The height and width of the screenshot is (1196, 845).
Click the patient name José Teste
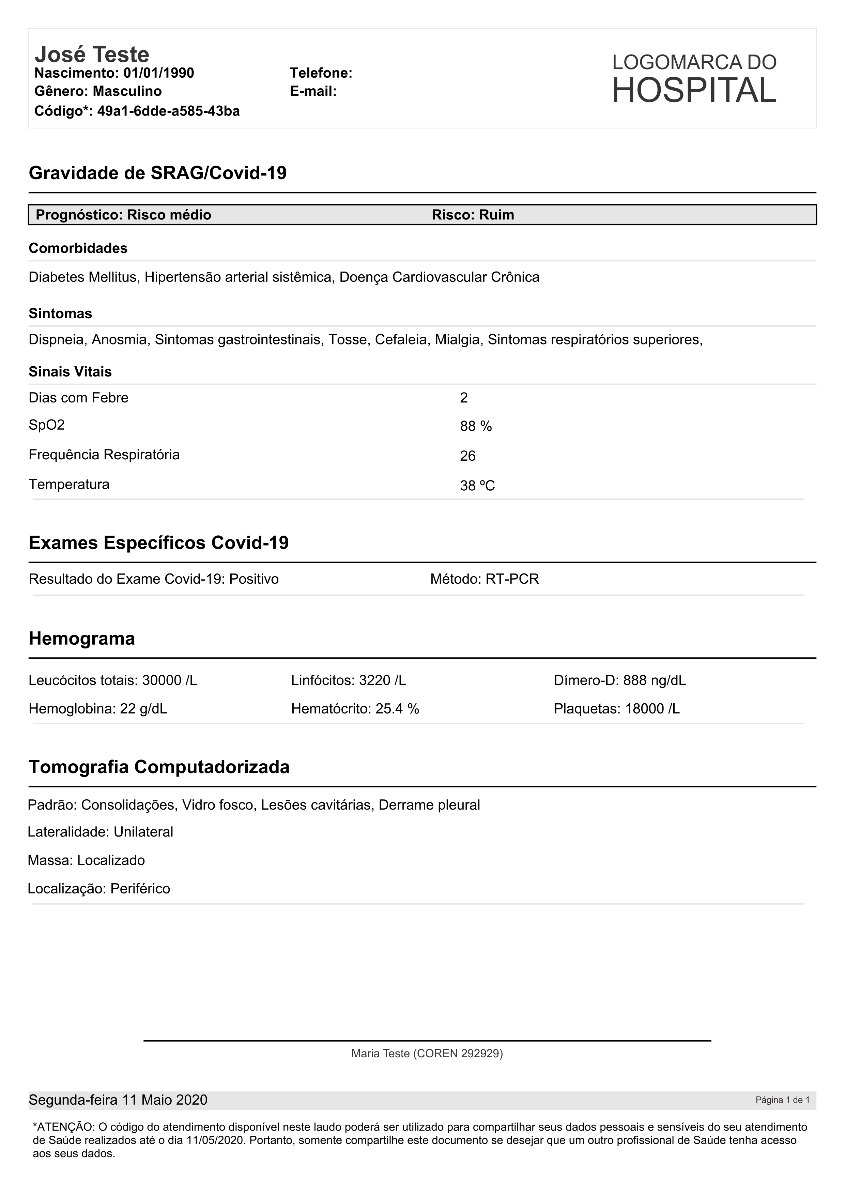(x=92, y=54)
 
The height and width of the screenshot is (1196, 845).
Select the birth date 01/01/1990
(x=158, y=73)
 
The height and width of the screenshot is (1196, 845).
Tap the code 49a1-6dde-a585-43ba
(x=168, y=111)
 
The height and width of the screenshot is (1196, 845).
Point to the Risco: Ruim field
(x=473, y=215)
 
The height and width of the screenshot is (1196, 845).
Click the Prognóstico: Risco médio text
(x=123, y=215)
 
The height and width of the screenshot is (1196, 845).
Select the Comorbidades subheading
(x=78, y=248)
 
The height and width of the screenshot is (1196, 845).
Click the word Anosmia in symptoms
(x=121, y=340)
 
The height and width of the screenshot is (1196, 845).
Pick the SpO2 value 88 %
(x=476, y=427)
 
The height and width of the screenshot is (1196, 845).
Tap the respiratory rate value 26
(x=468, y=456)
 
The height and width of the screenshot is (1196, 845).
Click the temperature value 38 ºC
(x=477, y=486)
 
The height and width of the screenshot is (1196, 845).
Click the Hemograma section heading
(x=82, y=639)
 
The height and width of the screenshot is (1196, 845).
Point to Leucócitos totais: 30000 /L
(x=113, y=680)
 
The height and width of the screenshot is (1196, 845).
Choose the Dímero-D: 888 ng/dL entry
(x=619, y=680)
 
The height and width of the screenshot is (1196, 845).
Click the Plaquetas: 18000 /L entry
(x=616, y=709)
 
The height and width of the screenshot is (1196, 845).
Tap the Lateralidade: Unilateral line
(x=101, y=832)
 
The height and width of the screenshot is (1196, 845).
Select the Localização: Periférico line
(x=99, y=889)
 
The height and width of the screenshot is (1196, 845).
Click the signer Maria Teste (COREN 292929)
(x=427, y=1054)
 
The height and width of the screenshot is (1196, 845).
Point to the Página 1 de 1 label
(x=782, y=1100)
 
